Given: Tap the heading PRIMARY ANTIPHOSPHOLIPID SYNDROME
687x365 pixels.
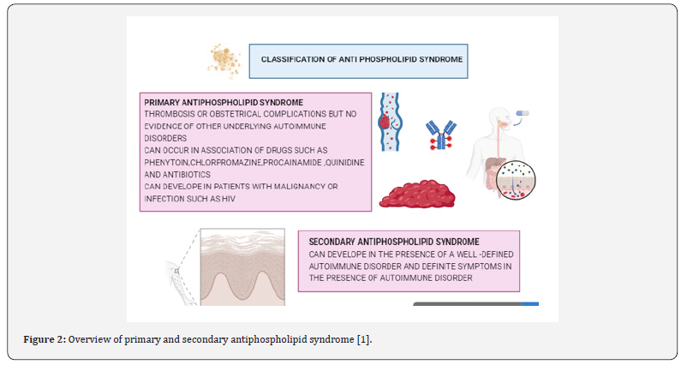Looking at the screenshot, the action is click(224, 103).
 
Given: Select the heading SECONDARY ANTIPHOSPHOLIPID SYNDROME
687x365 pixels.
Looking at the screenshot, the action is click(394, 242).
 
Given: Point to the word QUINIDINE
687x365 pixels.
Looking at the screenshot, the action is click(348, 163).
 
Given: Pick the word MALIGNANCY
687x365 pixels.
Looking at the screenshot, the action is click(296, 187).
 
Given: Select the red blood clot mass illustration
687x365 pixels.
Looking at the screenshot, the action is click(417, 194).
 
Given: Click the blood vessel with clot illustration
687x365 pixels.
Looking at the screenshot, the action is click(390, 122).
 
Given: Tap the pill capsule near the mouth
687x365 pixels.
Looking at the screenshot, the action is click(523, 113).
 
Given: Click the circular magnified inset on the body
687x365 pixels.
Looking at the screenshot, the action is click(517, 180).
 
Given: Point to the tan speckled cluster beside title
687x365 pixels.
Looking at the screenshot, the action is click(224, 61).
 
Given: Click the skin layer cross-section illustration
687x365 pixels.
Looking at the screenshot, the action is click(242, 266).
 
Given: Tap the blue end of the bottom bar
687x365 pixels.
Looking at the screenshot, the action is click(530, 303).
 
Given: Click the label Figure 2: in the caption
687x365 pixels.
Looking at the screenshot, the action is click(45, 339).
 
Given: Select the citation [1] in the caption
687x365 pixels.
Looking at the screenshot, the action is click(364, 339).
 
